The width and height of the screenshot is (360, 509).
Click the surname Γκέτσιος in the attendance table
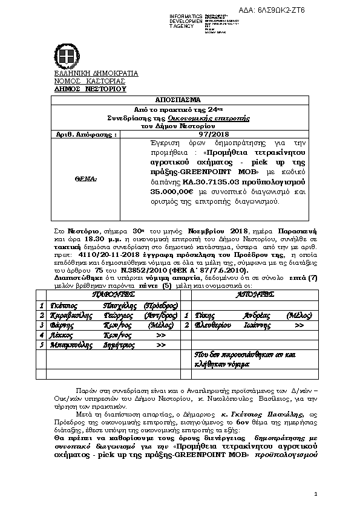(62, 306)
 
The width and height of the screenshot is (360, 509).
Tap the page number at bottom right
(316, 495)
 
